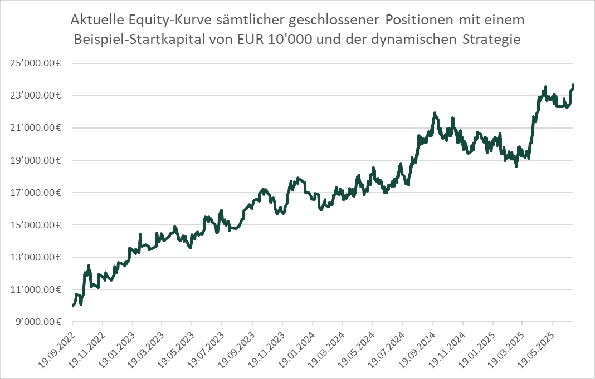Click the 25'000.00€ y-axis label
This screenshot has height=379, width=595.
(x=35, y=63)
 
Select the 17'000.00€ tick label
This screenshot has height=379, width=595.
(x=35, y=193)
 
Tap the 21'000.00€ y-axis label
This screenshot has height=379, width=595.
(x=35, y=128)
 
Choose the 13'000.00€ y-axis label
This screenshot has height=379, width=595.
(x=35, y=257)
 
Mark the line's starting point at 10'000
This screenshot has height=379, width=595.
(x=73, y=306)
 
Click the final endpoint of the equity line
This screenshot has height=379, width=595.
(x=573, y=85)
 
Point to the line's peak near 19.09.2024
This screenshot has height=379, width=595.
(x=434, y=113)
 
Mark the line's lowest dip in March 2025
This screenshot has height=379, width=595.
(x=516, y=166)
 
